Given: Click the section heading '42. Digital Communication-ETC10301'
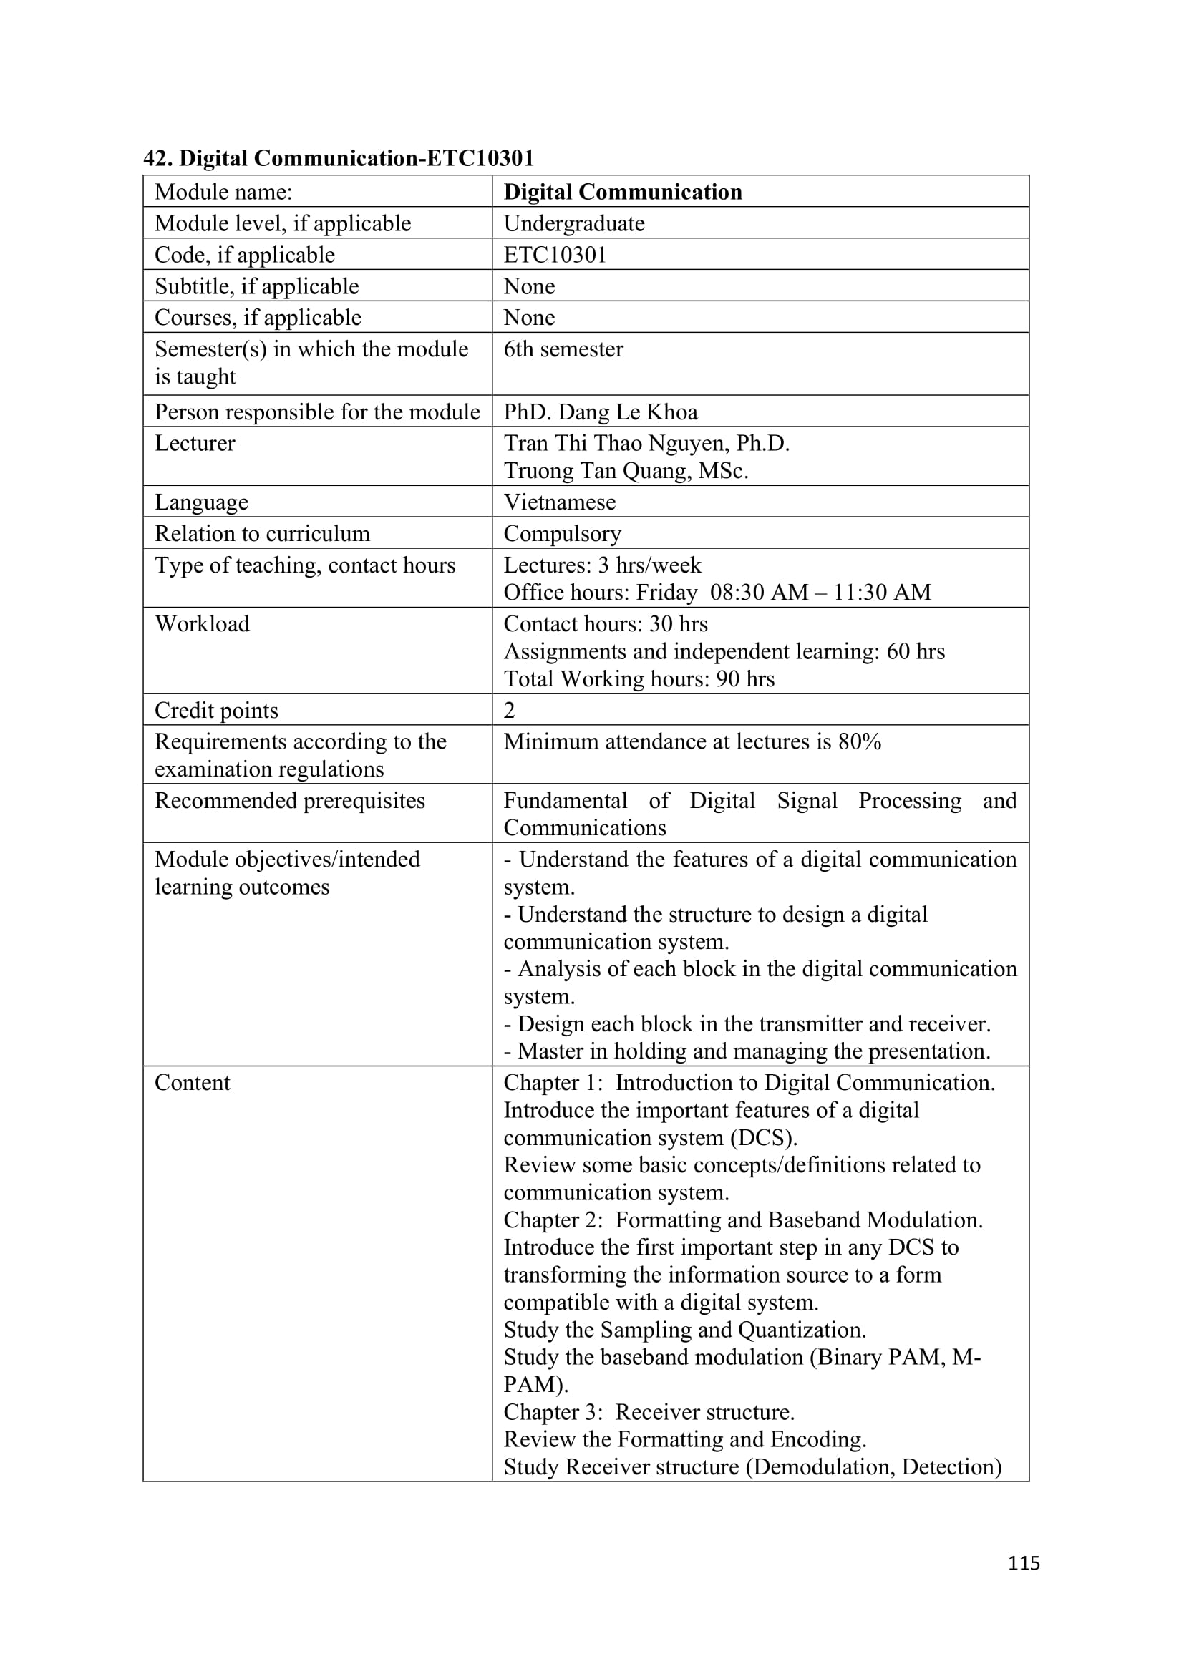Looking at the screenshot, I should (339, 158).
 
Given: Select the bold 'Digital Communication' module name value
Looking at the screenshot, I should (623, 192).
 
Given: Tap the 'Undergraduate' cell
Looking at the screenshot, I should (574, 223).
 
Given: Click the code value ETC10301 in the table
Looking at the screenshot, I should (555, 255).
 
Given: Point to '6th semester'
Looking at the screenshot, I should (563, 349).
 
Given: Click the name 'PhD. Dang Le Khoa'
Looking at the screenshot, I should (600, 412).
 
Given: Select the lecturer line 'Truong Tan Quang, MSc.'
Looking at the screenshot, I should (626, 471).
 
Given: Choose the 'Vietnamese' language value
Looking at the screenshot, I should (559, 502).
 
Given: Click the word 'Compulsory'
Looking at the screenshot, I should (562, 534).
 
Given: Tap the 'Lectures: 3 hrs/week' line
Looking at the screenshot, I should (602, 565).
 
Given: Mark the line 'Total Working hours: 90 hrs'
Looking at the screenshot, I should (639, 678).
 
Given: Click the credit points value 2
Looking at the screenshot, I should (509, 710).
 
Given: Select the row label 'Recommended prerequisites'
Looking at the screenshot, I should (289, 801).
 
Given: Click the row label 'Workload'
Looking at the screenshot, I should (202, 624).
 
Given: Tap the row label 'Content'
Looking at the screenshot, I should (192, 1083).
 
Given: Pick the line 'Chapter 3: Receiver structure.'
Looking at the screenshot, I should (649, 1412).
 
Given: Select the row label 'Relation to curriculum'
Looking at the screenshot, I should (262, 534).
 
